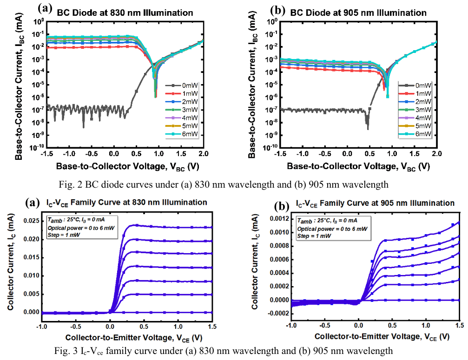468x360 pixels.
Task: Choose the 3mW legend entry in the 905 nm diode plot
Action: point(423,110)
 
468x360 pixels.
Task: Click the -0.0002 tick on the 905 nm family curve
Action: point(278,314)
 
